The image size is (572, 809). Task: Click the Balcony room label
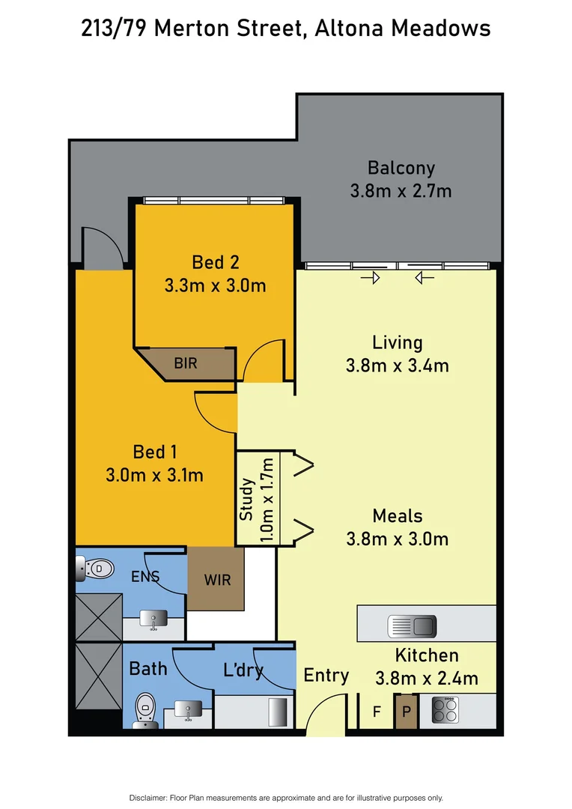point(401,168)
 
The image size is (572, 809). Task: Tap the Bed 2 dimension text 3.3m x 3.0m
point(215,285)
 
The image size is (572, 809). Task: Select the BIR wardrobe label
point(186,363)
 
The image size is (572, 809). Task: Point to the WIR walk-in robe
point(217,580)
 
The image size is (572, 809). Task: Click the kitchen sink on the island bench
point(411,624)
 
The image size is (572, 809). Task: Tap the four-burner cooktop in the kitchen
point(445,709)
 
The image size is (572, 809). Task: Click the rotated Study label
point(247,500)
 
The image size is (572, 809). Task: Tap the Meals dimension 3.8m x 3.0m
point(398,539)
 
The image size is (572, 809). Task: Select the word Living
point(398,342)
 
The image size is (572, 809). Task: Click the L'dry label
point(243,670)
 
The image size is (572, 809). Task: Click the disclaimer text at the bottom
point(286,798)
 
